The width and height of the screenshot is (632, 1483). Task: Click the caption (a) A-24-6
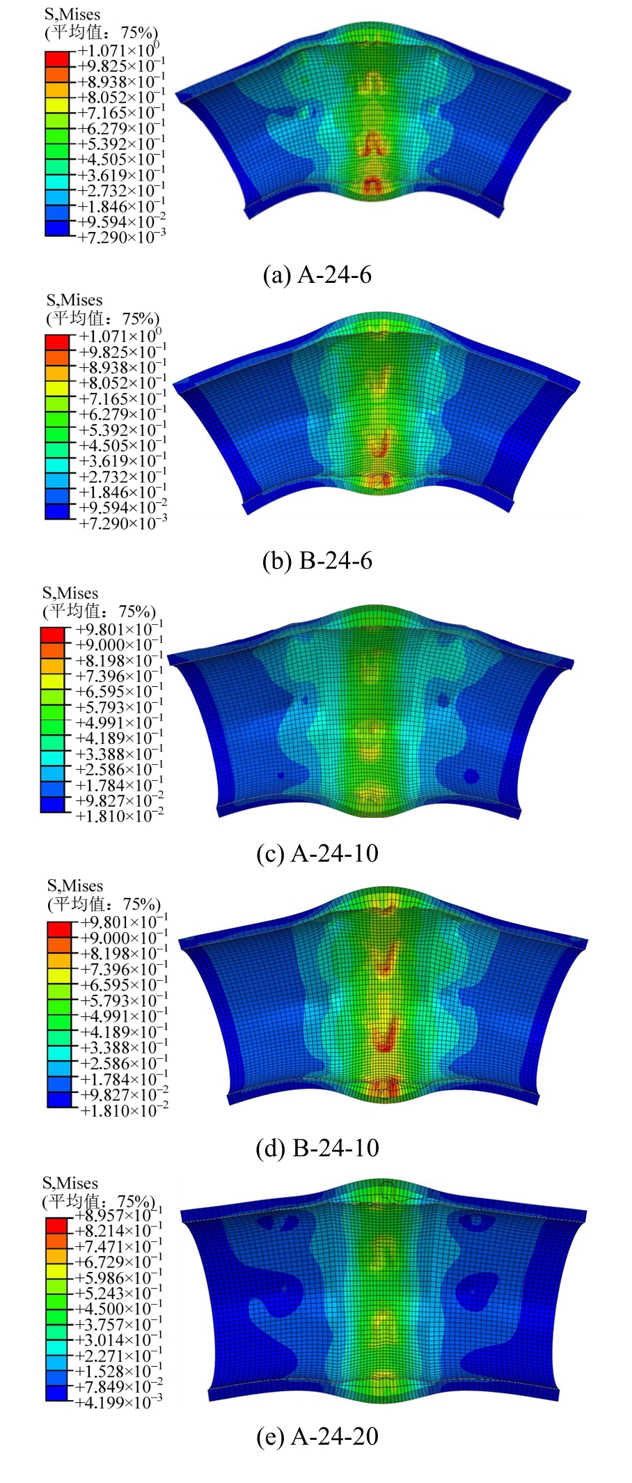(317, 275)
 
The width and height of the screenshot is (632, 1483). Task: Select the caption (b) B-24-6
(317, 561)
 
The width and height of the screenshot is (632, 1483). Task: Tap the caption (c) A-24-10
(317, 853)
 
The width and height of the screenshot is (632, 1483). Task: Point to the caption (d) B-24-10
(317, 1147)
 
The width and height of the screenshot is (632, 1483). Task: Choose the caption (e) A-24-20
(317, 1436)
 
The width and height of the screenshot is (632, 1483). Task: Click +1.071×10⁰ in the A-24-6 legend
(118, 51)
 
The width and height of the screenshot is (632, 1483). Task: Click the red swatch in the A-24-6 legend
(57, 59)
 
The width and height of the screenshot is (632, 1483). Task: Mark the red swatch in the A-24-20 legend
(56, 1225)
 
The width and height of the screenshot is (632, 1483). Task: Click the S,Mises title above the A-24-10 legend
(70, 593)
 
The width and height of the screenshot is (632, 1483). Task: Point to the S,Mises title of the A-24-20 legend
(70, 1183)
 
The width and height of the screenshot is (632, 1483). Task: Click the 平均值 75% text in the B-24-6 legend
(103, 319)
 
